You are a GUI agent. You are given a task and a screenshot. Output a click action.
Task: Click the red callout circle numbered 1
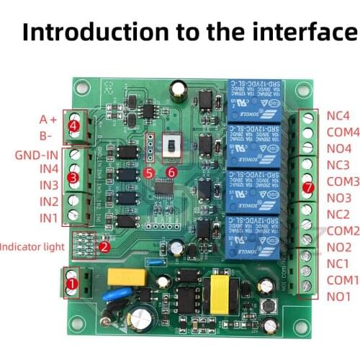click(x=71, y=284)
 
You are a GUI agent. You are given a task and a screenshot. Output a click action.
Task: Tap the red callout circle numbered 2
click(x=104, y=246)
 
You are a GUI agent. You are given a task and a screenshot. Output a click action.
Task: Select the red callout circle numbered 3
click(x=72, y=177)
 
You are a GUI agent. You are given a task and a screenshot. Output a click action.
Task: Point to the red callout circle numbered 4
click(x=74, y=126)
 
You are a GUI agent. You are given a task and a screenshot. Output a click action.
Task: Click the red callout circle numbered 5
click(x=148, y=172)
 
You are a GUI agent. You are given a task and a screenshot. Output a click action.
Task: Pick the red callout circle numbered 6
click(x=171, y=172)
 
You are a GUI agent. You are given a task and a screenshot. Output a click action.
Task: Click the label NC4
click(x=338, y=115)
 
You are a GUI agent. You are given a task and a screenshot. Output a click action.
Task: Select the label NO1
click(x=338, y=296)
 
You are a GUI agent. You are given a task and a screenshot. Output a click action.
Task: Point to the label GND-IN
click(x=36, y=154)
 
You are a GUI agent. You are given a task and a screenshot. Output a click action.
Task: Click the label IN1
click(x=48, y=217)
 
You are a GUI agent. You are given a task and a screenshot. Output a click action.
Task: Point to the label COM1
click(x=342, y=279)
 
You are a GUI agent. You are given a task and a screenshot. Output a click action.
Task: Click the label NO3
click(x=338, y=197)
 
